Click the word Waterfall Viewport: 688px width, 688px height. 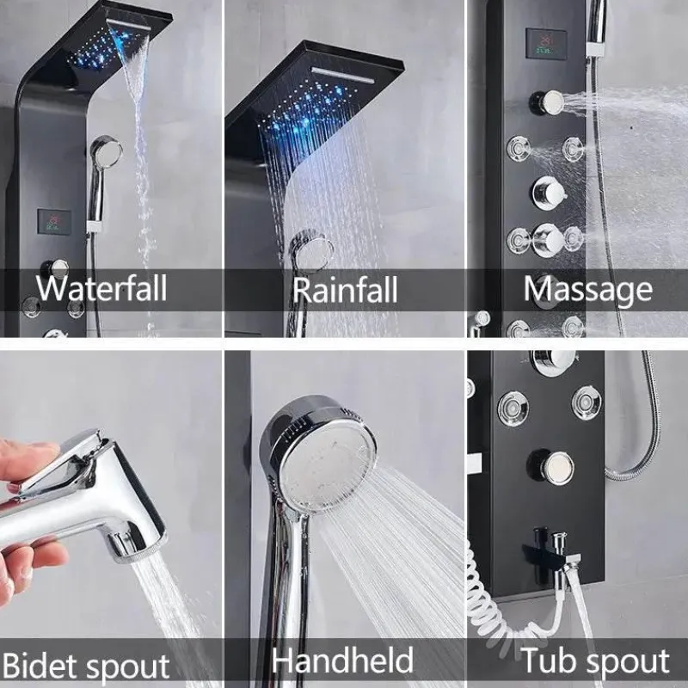101,288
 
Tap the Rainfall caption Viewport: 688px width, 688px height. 345,290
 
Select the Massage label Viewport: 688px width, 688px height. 588,290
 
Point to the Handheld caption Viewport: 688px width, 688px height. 342,660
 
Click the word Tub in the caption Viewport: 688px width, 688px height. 549,660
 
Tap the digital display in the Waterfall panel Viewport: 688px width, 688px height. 54,222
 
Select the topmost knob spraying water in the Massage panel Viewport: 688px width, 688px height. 547,103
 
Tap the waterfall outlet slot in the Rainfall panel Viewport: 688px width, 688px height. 343,75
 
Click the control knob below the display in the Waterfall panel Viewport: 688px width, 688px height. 55,268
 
